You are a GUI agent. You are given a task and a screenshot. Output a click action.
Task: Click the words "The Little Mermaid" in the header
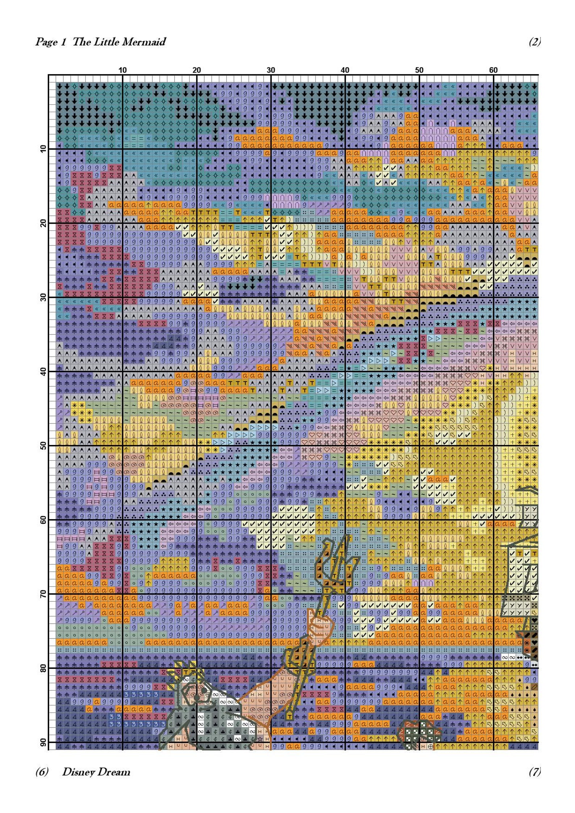[x=119, y=42]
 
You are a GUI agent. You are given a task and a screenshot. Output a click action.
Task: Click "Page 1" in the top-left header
[x=51, y=42]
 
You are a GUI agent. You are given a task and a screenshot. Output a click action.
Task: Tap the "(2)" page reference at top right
[x=534, y=42]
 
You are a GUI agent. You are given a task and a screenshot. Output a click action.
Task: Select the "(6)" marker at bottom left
[x=42, y=772]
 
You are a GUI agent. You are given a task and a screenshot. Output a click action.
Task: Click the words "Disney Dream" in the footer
[x=96, y=772]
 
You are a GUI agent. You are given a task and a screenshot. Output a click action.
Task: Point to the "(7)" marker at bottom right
[x=534, y=772]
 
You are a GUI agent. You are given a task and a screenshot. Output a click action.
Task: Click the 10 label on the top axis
[x=122, y=70]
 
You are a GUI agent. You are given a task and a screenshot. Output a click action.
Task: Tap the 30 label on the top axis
[x=271, y=70]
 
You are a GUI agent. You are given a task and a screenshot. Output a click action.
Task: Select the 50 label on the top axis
[x=419, y=70]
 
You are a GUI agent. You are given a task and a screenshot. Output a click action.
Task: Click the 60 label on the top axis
[x=493, y=70]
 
